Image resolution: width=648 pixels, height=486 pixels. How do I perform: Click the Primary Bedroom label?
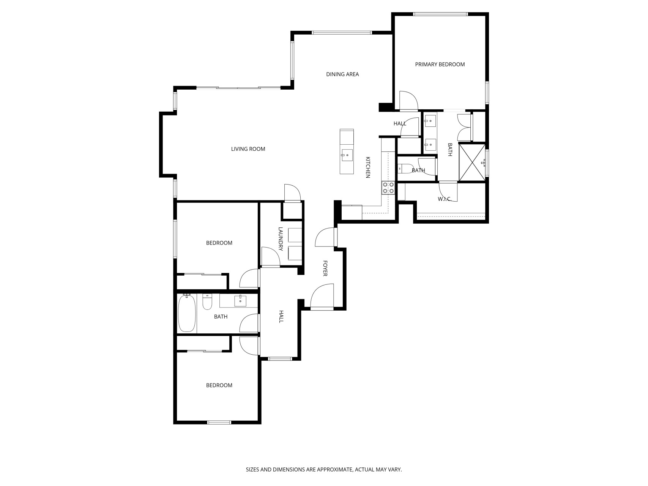click(x=440, y=65)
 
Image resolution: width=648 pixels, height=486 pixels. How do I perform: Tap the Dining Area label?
click(x=342, y=74)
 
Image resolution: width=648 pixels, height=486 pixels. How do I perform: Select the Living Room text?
click(x=248, y=149)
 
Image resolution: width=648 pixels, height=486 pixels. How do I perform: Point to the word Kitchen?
click(x=368, y=167)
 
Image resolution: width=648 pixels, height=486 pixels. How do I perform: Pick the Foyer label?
click(x=325, y=268)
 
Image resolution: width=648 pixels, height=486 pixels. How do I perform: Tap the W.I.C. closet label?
click(x=444, y=199)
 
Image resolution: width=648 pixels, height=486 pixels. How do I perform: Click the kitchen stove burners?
click(x=388, y=188)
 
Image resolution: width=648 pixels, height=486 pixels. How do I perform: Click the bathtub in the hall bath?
click(x=187, y=313)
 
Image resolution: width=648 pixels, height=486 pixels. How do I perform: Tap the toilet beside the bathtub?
click(x=207, y=302)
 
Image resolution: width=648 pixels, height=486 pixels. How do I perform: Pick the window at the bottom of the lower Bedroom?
click(x=219, y=422)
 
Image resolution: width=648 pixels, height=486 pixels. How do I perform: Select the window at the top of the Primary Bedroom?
click(x=440, y=14)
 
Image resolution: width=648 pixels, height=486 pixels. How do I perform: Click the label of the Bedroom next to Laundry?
click(x=219, y=243)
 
